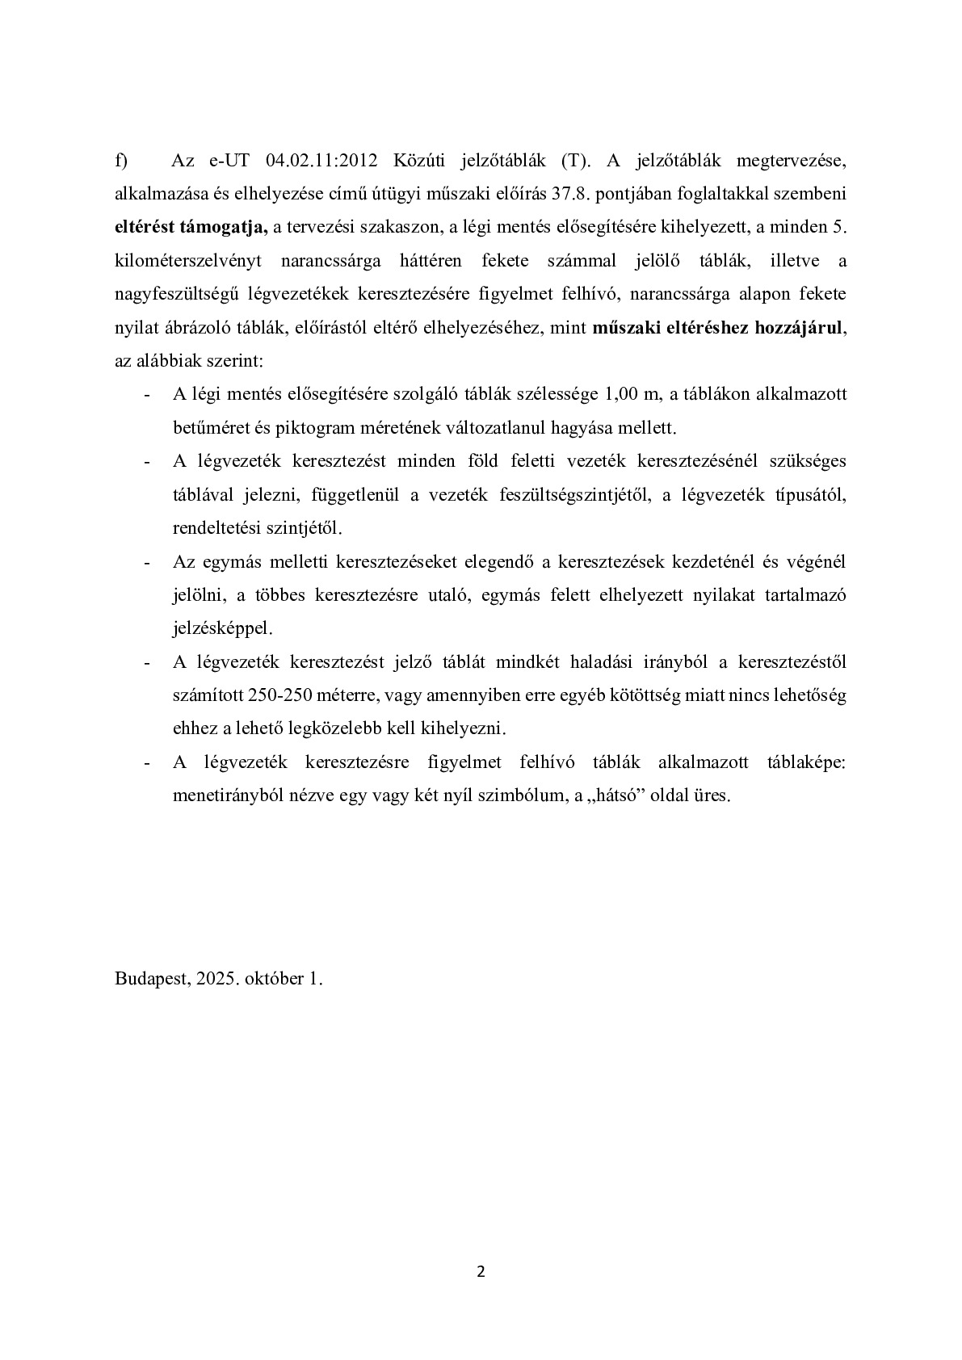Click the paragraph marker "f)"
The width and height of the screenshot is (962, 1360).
pyautogui.click(x=121, y=161)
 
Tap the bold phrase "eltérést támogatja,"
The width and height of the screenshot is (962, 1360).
pyautogui.click(x=191, y=228)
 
